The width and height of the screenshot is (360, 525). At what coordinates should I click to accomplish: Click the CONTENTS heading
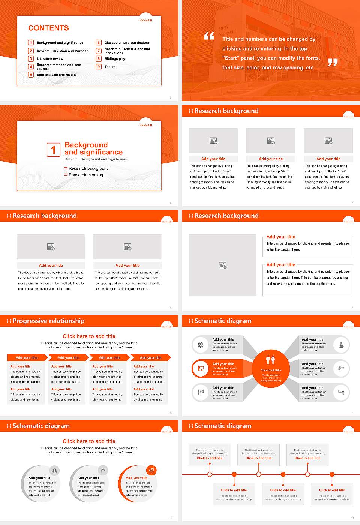coord(48,28)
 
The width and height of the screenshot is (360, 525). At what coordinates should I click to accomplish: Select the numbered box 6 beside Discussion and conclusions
coord(99,43)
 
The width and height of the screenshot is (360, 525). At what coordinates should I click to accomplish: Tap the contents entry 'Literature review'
coord(50,59)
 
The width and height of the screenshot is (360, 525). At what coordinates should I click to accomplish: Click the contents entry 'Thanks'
coord(110,67)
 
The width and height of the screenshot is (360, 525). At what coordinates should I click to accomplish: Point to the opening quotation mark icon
coord(209,36)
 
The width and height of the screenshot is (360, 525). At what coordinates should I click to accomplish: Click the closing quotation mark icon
coord(333,63)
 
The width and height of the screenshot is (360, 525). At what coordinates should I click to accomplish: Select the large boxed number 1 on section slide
coord(53,150)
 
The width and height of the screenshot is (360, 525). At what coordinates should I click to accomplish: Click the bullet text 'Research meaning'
coord(85,175)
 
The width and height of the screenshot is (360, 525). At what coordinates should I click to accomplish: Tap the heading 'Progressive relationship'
coord(48,321)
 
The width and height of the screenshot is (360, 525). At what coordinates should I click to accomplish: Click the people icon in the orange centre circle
coord(271,360)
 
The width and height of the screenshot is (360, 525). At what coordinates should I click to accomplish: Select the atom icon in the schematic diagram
coord(201,345)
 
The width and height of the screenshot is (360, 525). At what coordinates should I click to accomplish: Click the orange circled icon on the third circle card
coord(151,470)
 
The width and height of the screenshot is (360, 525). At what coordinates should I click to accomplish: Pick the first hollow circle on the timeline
coord(210,474)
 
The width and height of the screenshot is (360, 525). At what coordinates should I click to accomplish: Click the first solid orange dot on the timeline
coord(234,474)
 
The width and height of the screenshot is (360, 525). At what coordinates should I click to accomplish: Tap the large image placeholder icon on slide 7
coord(223,265)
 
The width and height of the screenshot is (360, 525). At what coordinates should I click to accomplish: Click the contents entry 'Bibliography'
coord(114,59)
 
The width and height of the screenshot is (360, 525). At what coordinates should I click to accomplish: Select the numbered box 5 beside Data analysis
coord(31,75)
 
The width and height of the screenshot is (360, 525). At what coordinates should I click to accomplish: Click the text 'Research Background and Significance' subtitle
coord(96,159)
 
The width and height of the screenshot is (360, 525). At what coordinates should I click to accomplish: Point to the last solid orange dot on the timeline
coord(332,474)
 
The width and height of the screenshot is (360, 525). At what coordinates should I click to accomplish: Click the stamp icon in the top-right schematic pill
coord(341,345)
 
